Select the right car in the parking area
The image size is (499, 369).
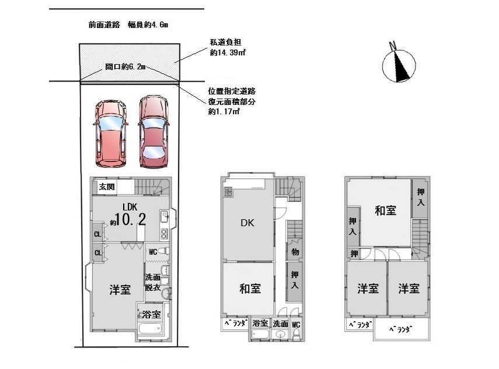point(153,132)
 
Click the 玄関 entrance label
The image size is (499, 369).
point(107,187)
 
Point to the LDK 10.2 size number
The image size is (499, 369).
point(130,219)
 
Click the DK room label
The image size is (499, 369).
point(247,223)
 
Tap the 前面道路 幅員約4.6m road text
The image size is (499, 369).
point(128,24)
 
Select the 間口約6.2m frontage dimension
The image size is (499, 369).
point(125,66)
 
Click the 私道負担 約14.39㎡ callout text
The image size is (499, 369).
point(227,47)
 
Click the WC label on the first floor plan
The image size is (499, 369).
point(153,252)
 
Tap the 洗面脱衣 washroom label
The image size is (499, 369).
point(153,282)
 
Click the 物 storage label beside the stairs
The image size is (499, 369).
point(295,252)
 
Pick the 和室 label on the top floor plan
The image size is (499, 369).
point(385,210)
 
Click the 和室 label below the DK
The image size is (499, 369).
point(250,289)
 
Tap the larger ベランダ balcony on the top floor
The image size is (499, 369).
point(402,329)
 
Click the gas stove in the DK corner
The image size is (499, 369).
point(228,192)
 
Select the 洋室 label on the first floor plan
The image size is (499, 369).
point(120,290)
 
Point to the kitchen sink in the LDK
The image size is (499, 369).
point(164,217)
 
